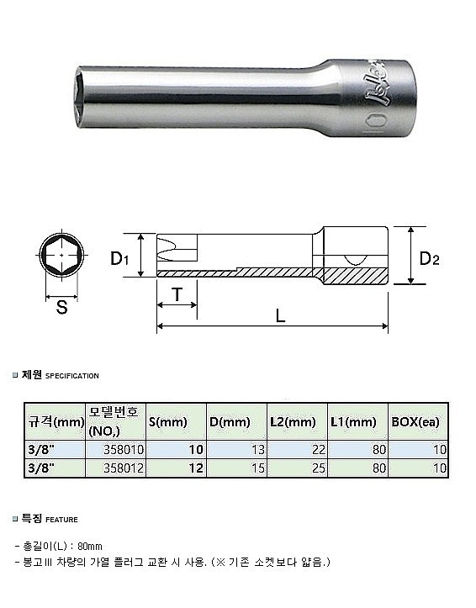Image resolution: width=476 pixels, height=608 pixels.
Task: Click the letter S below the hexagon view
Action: tap(61, 308)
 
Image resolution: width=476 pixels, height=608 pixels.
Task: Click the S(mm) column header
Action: tap(167, 422)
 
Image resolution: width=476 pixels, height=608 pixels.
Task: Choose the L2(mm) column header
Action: tap(293, 422)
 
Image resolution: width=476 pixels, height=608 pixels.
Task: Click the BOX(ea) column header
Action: tap(415, 422)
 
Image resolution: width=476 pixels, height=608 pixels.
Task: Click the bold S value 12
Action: tap(198, 467)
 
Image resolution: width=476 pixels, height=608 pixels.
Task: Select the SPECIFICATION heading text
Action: tap(71, 376)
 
